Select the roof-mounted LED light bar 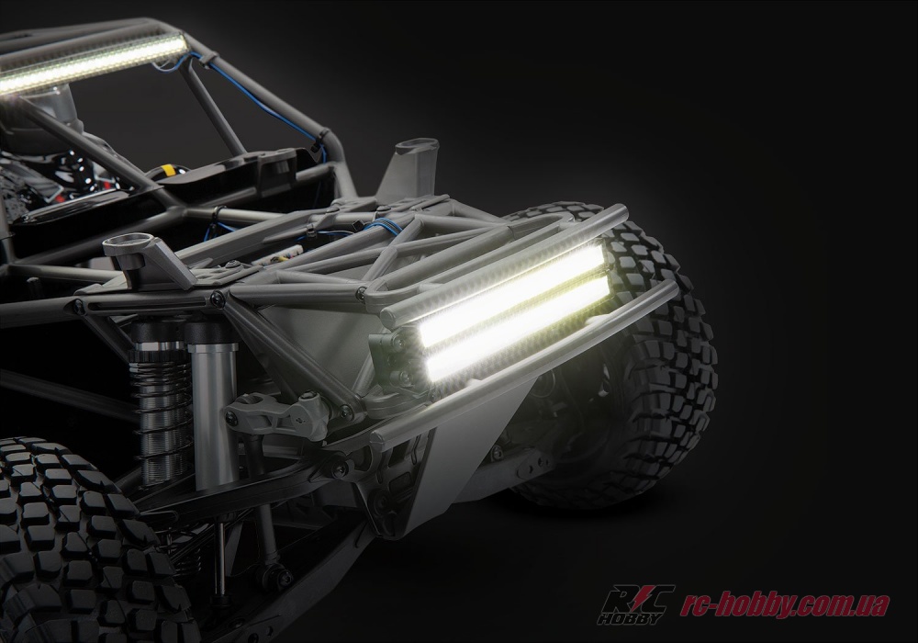91,62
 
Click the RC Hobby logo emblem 635,604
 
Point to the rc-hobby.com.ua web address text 785,605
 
